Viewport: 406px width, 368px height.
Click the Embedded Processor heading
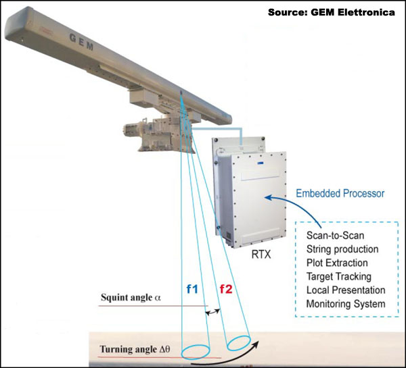pyautogui.click(x=340, y=194)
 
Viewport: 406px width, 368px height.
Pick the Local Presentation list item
pyautogui.click(x=345, y=291)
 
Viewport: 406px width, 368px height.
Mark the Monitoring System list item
pyautogui.click(x=345, y=305)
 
